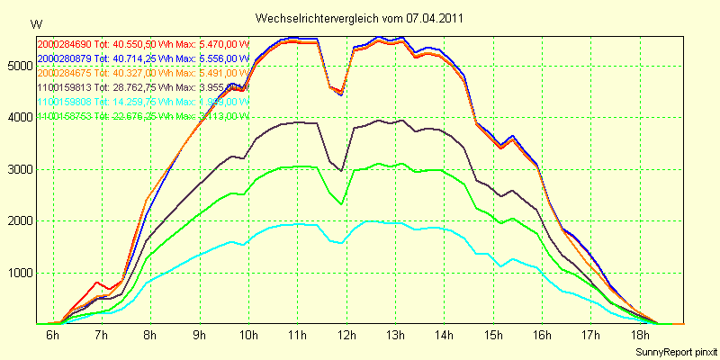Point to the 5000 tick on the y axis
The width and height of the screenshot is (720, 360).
(18, 66)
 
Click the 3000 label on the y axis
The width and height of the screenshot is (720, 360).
(18, 169)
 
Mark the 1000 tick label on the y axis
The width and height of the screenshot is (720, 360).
(18, 273)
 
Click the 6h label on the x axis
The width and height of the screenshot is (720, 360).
(53, 336)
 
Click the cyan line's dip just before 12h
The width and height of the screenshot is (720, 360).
(340, 242)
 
